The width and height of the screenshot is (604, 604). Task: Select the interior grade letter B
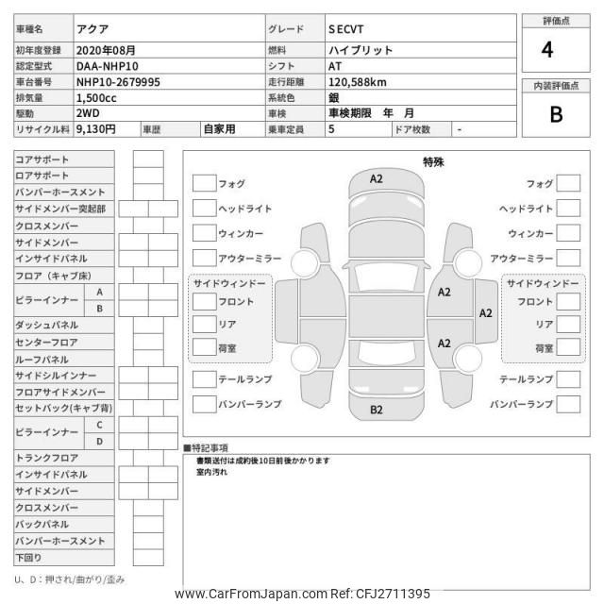(555, 114)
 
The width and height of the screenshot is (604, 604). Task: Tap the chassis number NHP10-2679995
(118, 82)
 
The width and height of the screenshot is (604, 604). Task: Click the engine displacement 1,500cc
(97, 98)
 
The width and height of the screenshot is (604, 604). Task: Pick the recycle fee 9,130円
(96, 129)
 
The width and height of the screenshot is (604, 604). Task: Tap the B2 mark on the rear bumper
(376, 410)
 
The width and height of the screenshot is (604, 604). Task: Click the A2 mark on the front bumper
(376, 178)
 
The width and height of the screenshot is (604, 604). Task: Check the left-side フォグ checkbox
(204, 183)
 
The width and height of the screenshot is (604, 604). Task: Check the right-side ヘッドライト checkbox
(568, 208)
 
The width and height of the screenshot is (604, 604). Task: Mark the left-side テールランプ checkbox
(204, 379)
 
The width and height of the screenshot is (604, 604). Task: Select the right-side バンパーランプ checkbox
(568, 404)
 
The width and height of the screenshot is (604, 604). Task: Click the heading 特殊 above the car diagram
(433, 162)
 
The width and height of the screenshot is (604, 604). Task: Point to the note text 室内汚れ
(212, 471)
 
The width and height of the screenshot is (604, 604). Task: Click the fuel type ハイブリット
(361, 50)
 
